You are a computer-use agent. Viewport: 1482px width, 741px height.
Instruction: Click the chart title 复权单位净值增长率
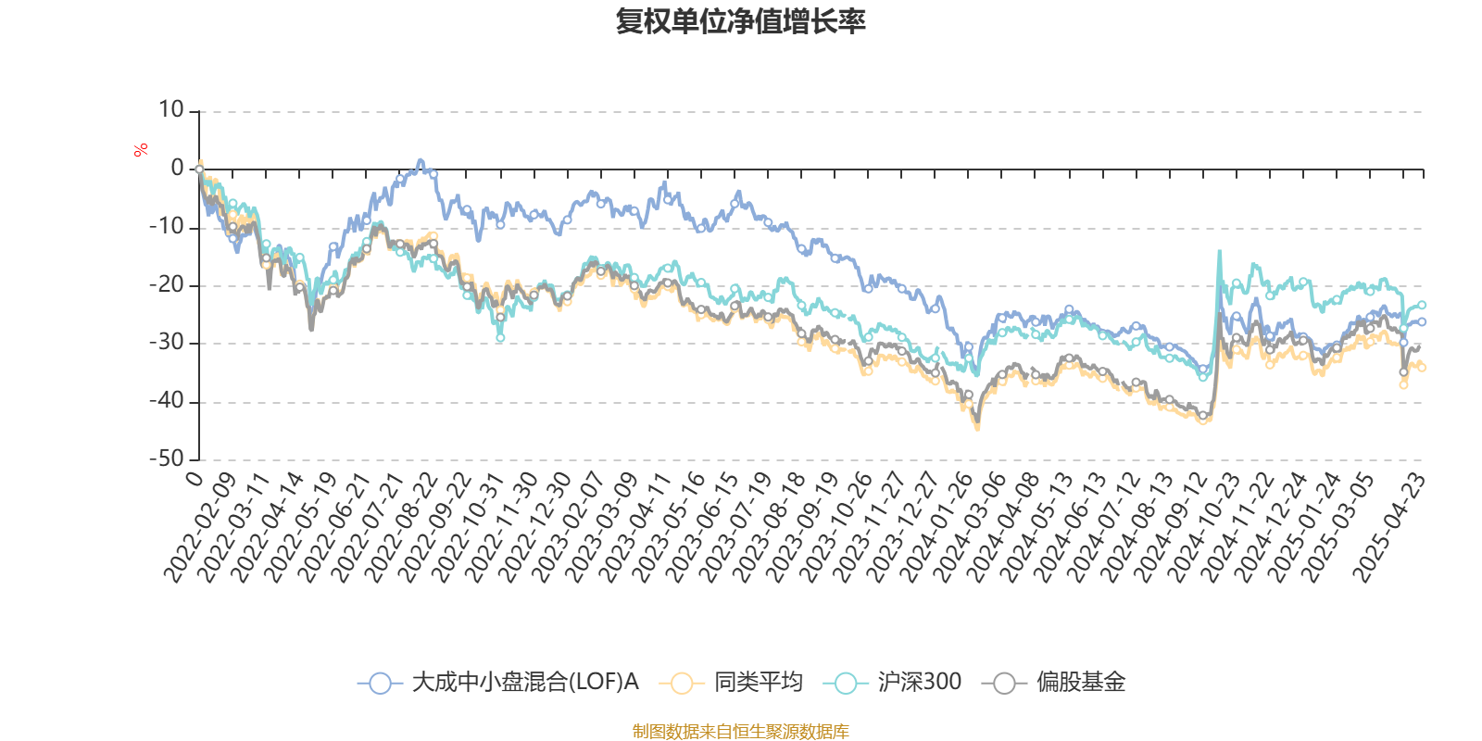tap(741, 22)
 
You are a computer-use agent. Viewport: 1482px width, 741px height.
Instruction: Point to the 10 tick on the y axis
tap(171, 111)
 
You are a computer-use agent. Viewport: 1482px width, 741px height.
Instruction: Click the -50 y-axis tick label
tap(167, 459)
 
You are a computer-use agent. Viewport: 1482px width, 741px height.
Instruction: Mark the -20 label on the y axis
tap(167, 285)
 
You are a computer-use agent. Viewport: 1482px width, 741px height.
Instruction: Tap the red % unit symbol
tap(141, 150)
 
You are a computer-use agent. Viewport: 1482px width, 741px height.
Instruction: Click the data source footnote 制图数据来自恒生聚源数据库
tap(741, 732)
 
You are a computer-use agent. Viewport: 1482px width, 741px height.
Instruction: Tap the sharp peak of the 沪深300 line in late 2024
tap(1219, 251)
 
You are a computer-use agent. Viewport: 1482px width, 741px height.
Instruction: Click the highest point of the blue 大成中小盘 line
tap(421, 159)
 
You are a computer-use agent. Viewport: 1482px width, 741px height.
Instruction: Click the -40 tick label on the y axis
tap(167, 401)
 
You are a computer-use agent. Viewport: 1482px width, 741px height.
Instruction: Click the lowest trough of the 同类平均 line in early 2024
tap(977, 428)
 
